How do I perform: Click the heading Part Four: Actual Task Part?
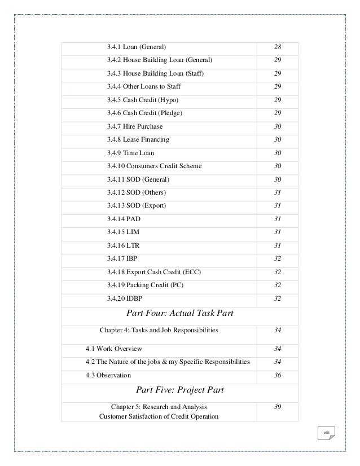[x=181, y=313]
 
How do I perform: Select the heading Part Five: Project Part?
[x=181, y=389]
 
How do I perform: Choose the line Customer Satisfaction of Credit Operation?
[x=159, y=417]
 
